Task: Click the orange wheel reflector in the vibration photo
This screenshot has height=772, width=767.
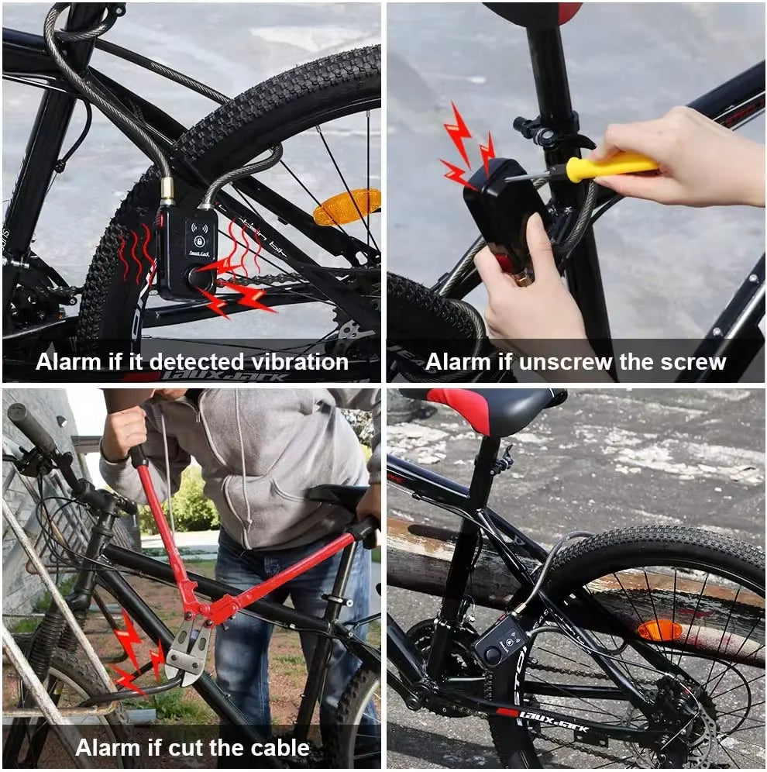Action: pos(347,206)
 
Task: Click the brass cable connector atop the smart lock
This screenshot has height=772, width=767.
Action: pos(167,190)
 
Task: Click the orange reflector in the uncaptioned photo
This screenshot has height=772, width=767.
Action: pos(659,630)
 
